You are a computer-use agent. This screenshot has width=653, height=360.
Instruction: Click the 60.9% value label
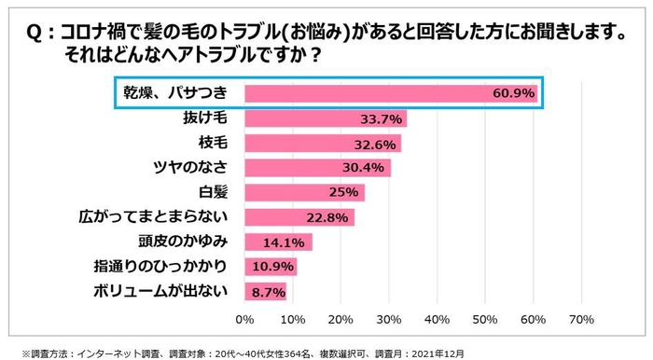pyautogui.click(x=515, y=93)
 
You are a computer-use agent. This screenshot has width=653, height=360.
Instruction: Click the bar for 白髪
pyautogui.click(x=304, y=192)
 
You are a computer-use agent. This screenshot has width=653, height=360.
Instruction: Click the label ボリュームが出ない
pyautogui.click(x=161, y=291)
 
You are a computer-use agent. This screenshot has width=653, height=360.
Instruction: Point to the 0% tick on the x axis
pyautogui.click(x=244, y=319)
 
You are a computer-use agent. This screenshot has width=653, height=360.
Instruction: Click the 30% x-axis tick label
pyautogui.click(x=389, y=319)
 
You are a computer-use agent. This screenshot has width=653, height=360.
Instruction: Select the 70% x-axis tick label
pyautogui.click(x=581, y=319)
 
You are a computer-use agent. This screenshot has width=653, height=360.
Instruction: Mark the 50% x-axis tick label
pyautogui.click(x=485, y=319)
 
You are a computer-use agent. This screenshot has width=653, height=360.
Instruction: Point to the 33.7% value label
pyautogui.click(x=382, y=118)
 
